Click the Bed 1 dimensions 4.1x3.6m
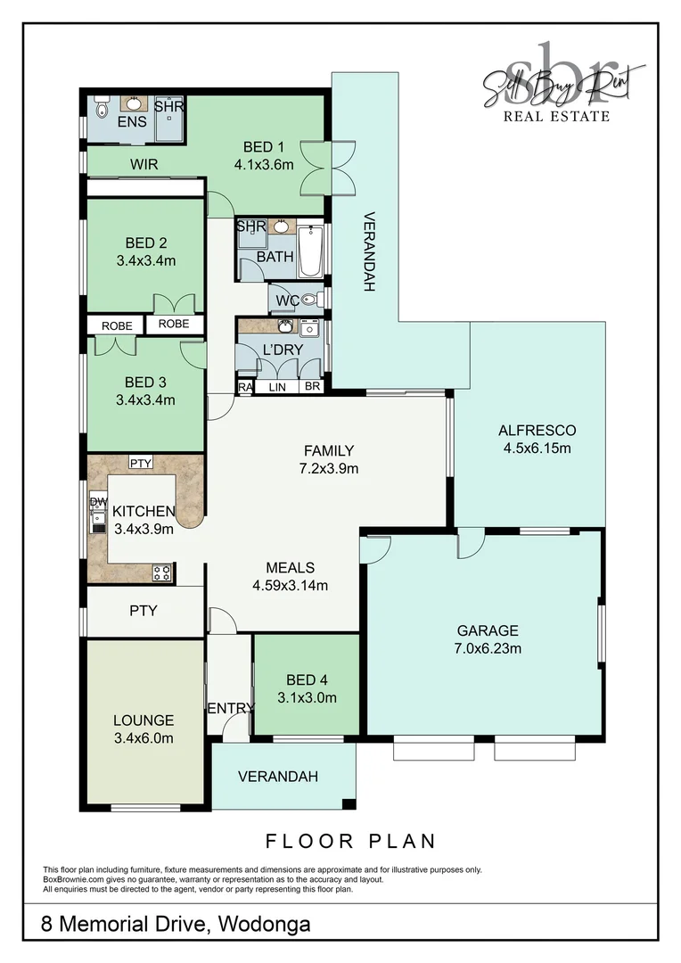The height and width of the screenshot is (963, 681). coord(264,164)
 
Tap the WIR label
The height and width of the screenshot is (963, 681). coord(144,164)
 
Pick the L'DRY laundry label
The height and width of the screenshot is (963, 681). coord(283,350)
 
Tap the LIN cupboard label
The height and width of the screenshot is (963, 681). coord(276,387)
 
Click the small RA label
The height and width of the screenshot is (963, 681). coord(244,387)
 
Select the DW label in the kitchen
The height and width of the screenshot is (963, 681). coord(97,503)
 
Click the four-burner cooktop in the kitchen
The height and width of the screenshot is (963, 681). coord(162,572)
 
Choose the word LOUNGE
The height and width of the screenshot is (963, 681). coord(144,720)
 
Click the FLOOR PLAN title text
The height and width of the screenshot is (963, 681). coord(350,840)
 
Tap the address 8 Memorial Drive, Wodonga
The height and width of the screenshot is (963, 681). coord(176,924)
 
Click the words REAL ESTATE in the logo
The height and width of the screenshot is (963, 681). coord(556,116)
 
